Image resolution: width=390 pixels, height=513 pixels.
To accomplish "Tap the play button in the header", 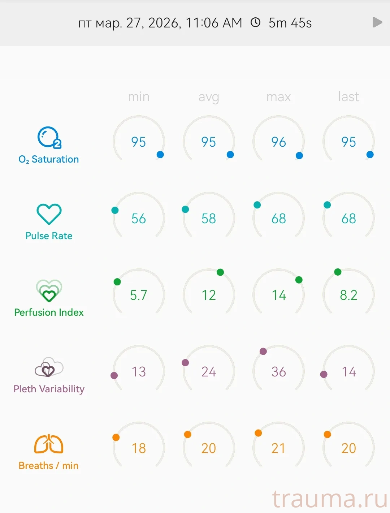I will [377, 22].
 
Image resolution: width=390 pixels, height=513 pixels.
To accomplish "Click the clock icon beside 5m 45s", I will [255, 22].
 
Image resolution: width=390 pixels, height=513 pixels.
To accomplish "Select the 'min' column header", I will [139, 97].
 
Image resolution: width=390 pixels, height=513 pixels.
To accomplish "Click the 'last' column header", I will [348, 97].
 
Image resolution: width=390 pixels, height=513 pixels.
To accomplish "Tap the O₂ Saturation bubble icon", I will [49, 138].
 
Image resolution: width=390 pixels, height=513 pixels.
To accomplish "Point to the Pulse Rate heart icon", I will [49, 214].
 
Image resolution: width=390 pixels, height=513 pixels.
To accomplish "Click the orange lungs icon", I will [49, 444].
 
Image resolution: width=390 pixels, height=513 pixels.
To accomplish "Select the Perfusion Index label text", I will [49, 312].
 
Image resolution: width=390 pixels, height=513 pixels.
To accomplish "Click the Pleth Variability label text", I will [49, 389].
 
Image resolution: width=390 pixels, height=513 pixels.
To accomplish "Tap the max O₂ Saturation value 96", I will [278, 142].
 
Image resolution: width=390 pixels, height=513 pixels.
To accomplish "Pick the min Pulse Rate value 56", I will [139, 219].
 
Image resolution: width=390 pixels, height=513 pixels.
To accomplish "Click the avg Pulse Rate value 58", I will [209, 219].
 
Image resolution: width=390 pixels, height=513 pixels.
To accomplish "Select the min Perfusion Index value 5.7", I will [139, 295].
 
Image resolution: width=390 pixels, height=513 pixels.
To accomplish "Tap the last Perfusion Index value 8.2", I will [348, 295].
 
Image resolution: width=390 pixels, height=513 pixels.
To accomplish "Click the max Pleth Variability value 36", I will [278, 372].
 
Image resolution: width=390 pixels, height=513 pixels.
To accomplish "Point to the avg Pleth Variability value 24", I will [209, 372].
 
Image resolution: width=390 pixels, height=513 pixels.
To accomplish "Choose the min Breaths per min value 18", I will [139, 448].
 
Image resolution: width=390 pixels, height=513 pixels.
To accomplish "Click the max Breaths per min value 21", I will [278, 448].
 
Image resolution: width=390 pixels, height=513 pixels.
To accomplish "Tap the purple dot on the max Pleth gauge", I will [263, 351].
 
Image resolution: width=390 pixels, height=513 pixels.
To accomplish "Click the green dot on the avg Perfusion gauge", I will [220, 272].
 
